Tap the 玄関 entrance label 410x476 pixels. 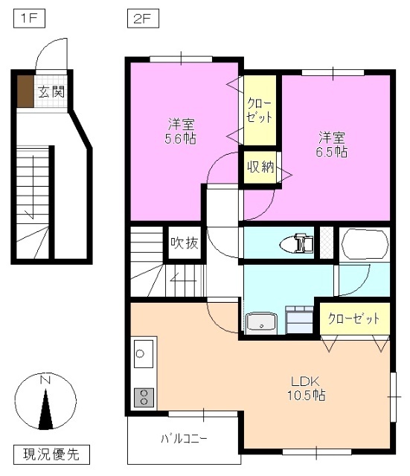point(51,93)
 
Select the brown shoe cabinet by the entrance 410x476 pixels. point(25,91)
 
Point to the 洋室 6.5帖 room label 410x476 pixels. point(332,144)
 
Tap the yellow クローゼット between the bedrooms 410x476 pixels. point(260,110)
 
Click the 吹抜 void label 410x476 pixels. point(183,243)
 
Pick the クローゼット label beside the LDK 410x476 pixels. point(353,318)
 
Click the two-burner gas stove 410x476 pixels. point(142,396)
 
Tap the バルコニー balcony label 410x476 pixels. point(184,437)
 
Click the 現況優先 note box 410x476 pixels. point(51,453)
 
